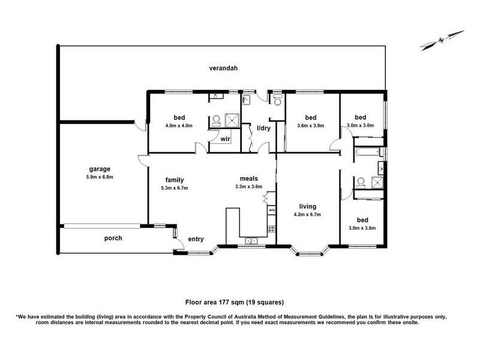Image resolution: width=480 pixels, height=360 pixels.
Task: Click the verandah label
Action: pyautogui.click(x=223, y=68)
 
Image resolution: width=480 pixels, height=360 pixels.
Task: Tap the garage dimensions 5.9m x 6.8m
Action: pyautogui.click(x=100, y=177)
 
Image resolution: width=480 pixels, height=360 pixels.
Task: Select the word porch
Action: pyautogui.click(x=113, y=238)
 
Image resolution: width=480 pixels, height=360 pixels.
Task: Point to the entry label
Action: pyautogui.click(x=196, y=239)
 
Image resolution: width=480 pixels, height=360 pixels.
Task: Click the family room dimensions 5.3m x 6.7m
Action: pyautogui.click(x=175, y=188)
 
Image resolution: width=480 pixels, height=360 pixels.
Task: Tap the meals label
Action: pyautogui.click(x=248, y=178)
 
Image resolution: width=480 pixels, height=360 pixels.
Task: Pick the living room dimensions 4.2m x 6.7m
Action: pyautogui.click(x=307, y=215)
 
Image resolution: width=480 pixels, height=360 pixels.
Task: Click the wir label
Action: pyautogui.click(x=225, y=139)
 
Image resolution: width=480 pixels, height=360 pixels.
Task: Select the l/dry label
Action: pyautogui.click(x=263, y=128)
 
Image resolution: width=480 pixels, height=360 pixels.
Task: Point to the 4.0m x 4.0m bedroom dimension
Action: pyautogui.click(x=179, y=125)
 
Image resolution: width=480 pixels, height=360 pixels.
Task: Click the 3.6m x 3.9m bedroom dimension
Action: pyautogui.click(x=310, y=125)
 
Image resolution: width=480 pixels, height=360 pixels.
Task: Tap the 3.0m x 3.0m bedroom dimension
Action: pyautogui.click(x=361, y=125)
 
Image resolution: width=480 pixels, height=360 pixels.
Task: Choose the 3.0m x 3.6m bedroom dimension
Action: pyautogui.click(x=362, y=228)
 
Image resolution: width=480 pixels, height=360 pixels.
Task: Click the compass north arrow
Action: pyautogui.click(x=442, y=40)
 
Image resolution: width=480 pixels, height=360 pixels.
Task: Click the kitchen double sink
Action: pyautogui.click(x=251, y=241)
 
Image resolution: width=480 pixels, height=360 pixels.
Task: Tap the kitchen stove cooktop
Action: pyautogui.click(x=271, y=229)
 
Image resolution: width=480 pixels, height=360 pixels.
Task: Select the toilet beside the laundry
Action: pyautogui.click(x=278, y=100)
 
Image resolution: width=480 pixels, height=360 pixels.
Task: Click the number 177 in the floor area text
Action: pyautogui.click(x=223, y=302)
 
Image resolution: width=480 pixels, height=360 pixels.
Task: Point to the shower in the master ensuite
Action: pyautogui.click(x=231, y=120)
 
